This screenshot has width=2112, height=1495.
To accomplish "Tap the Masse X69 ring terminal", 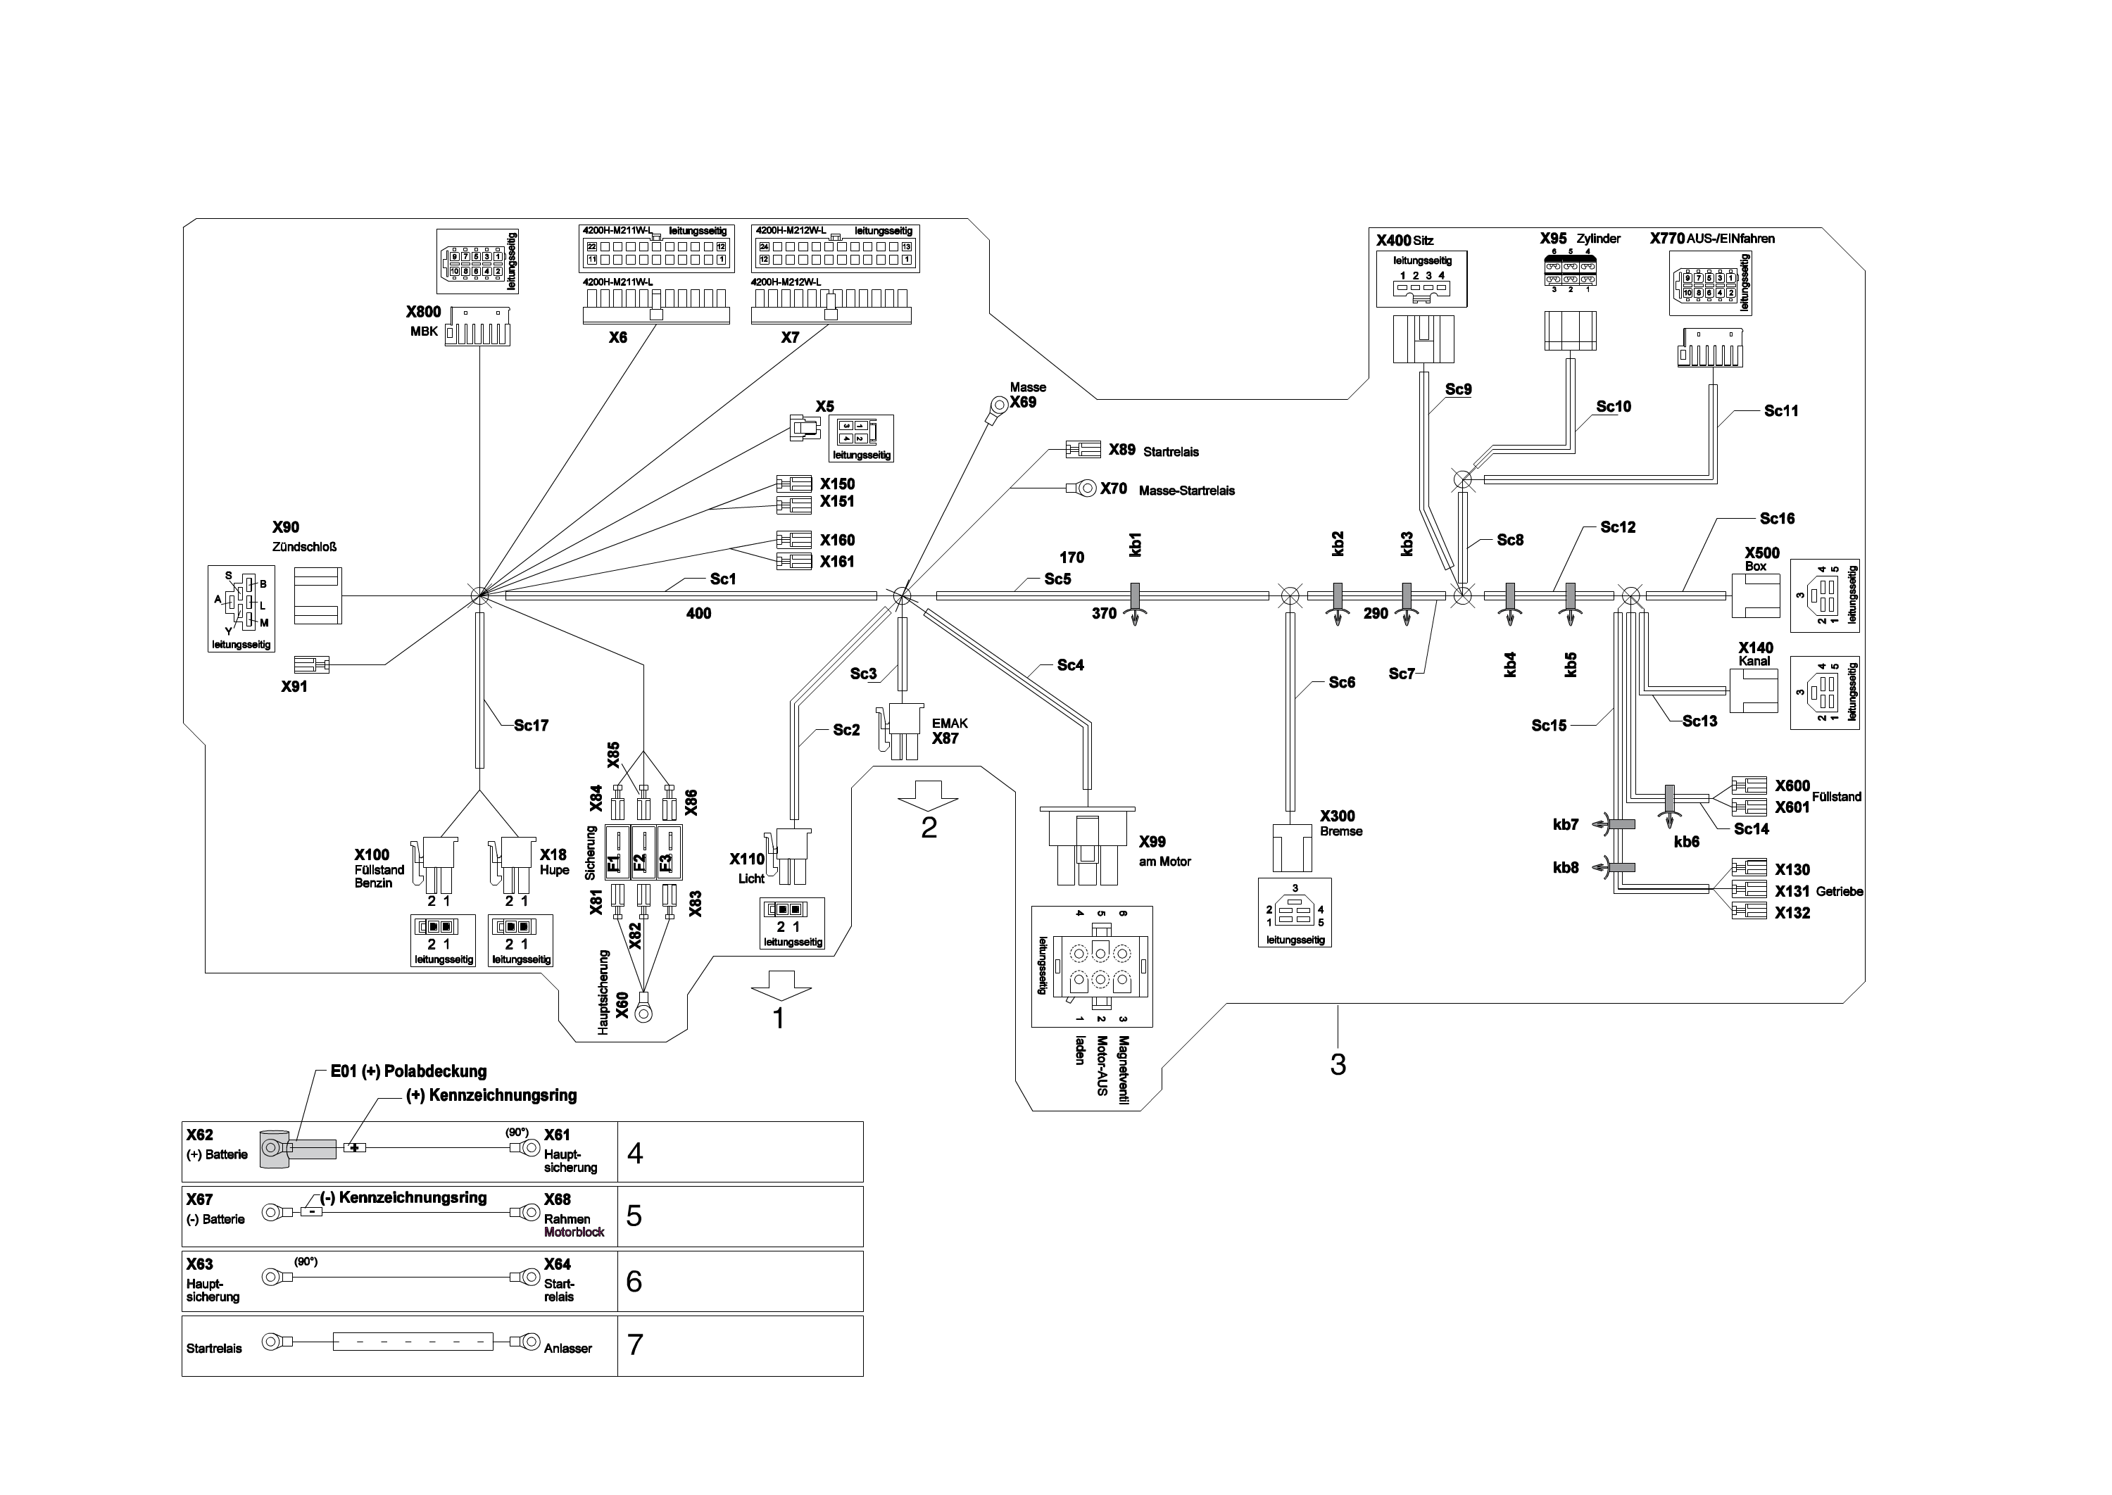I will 997,405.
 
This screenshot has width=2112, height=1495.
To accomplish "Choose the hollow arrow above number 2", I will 928,793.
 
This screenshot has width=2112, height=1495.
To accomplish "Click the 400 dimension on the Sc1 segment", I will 699,614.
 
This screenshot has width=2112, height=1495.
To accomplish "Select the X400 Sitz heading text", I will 1404,240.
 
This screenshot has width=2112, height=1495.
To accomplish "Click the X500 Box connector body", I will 1755,595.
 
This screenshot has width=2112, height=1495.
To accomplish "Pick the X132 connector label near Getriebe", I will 1792,913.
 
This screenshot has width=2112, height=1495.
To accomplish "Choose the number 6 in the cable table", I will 634,1282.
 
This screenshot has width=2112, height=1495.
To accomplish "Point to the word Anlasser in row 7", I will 568,1349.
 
